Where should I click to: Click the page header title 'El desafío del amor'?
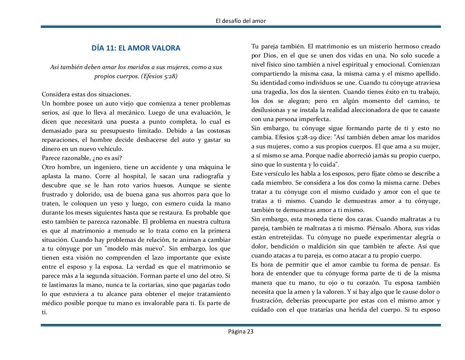(240, 21)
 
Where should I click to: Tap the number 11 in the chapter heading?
(110, 48)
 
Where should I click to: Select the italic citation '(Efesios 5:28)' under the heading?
(159, 76)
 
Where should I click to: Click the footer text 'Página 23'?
(240, 331)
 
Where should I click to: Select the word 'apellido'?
(428, 74)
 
